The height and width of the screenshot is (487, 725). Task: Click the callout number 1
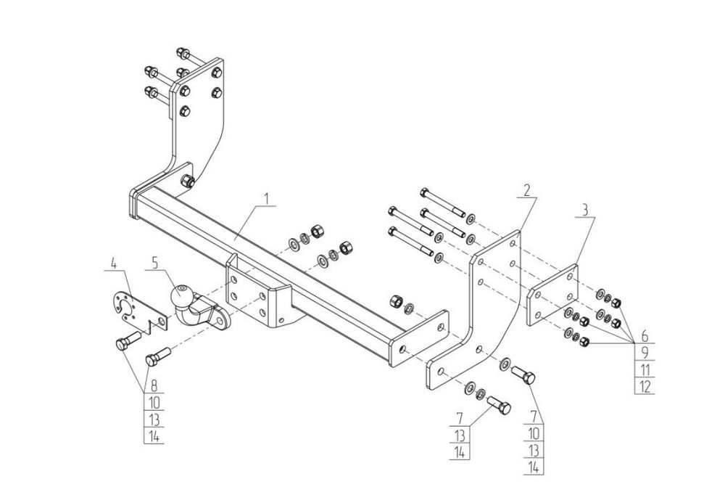tap(267, 197)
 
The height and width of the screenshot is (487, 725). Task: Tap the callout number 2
tap(527, 190)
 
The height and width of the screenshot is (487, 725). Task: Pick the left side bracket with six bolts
tap(196, 123)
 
